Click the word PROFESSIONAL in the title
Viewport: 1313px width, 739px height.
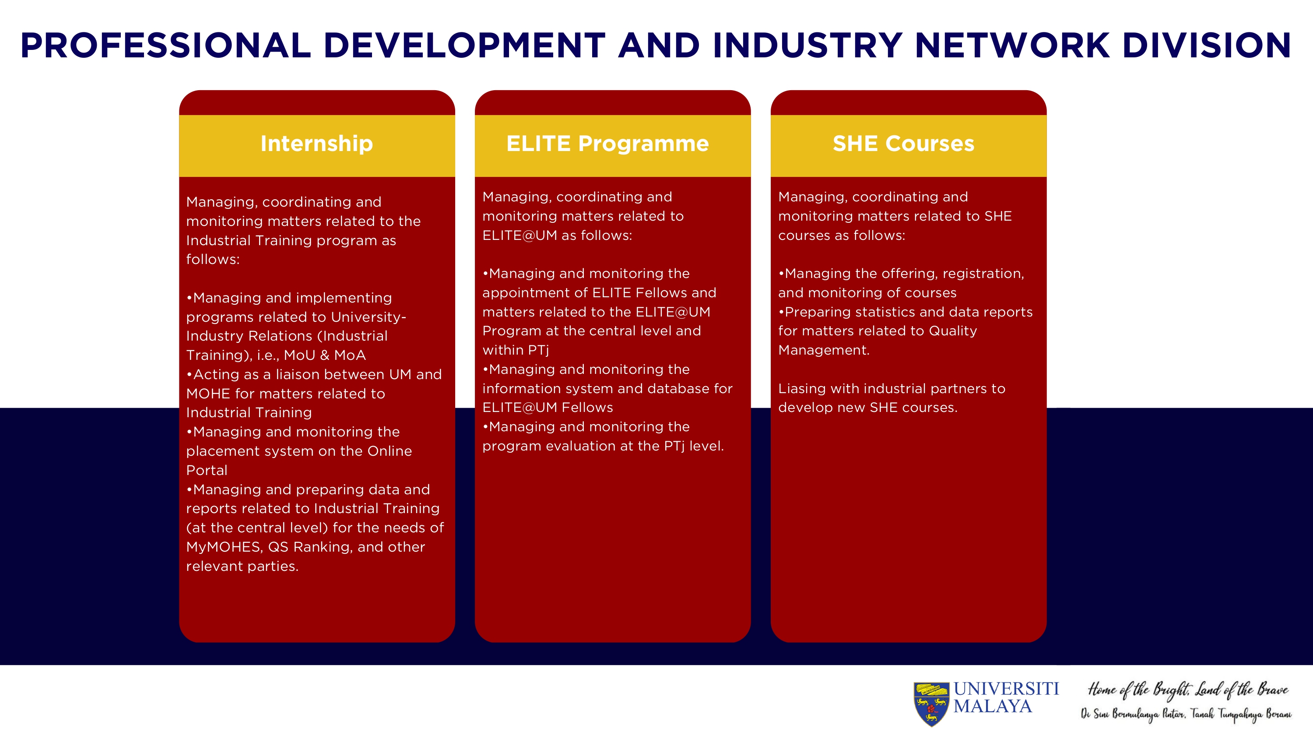(x=165, y=46)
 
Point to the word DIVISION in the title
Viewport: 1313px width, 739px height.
(x=1206, y=46)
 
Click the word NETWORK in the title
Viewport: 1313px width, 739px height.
(x=1012, y=46)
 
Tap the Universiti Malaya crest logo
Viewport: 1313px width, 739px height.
(x=931, y=704)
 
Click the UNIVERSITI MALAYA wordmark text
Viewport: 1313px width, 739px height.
(x=1006, y=697)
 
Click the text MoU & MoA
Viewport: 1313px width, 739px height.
(x=325, y=355)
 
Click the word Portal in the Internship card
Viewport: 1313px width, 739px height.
(x=207, y=470)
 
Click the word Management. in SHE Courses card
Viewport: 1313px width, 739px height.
(x=824, y=350)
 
